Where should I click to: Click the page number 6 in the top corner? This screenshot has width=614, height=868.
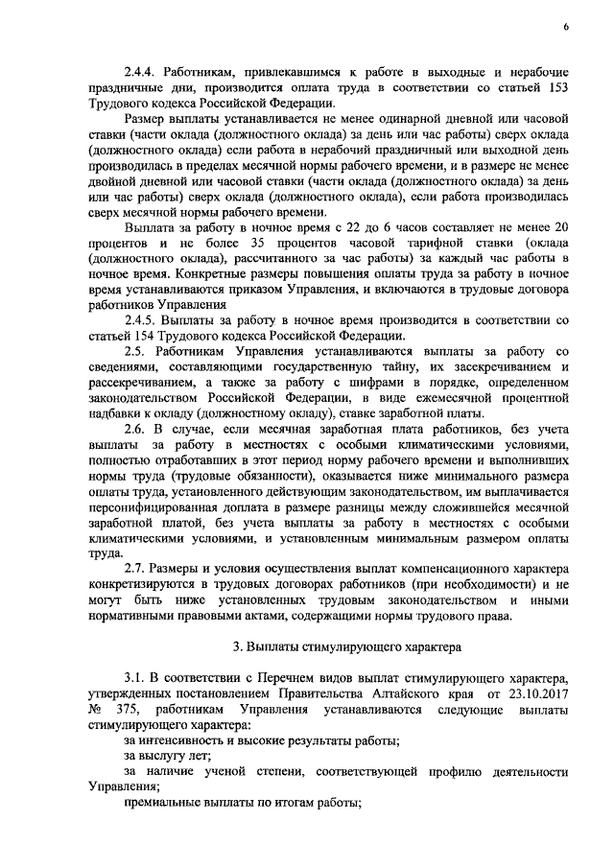(566, 28)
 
